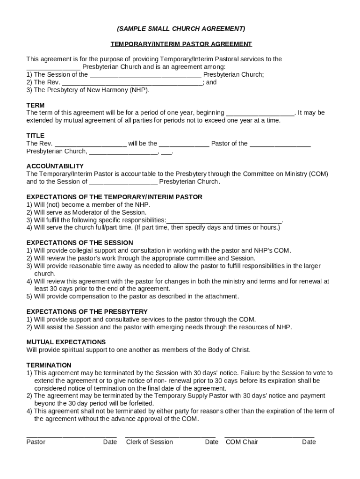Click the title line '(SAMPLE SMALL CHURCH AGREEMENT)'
pos(180,29)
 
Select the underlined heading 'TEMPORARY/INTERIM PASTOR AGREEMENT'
pos(181,44)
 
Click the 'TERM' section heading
pos(36,105)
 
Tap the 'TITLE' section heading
pos(36,136)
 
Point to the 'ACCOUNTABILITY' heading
pos(55,166)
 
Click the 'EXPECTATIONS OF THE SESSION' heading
pos(79,243)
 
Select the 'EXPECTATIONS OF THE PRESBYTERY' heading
pos(87,312)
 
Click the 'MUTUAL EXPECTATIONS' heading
pos(66,342)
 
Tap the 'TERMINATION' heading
pos(49,365)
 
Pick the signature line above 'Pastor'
pos(72,436)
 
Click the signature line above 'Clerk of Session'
pos(170,436)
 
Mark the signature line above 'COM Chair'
pos(270,436)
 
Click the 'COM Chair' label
pos(242,442)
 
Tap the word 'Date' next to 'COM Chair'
pos(309,442)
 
